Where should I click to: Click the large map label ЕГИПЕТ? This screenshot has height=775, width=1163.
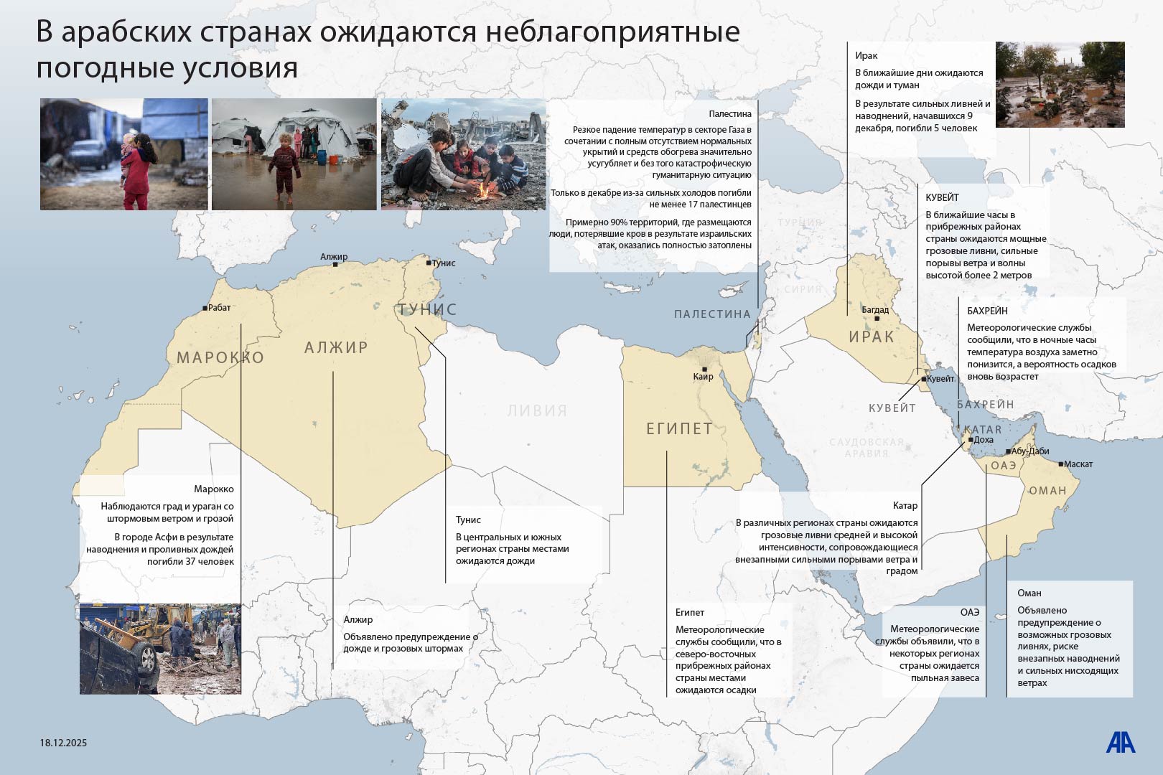(679, 429)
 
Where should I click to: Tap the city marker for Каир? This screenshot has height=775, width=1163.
(704, 370)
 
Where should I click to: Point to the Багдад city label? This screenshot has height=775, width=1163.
(875, 310)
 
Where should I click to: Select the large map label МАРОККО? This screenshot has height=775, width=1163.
(220, 357)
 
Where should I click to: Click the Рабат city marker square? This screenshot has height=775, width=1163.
(205, 308)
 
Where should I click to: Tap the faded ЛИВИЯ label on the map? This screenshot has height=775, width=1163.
(537, 410)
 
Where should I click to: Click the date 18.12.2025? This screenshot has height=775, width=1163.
(63, 743)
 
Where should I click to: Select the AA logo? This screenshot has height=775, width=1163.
(1120, 743)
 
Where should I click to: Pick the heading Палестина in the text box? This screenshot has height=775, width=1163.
(729, 114)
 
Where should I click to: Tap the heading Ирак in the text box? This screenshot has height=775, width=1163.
(866, 55)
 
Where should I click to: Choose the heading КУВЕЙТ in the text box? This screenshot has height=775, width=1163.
(942, 197)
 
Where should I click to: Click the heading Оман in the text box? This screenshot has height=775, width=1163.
(1029, 593)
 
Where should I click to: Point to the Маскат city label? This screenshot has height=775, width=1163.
(1078, 464)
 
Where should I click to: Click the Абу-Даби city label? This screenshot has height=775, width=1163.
(1030, 451)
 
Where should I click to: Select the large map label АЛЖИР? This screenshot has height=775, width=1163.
(336, 347)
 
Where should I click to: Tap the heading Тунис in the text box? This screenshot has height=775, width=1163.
(468, 520)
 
